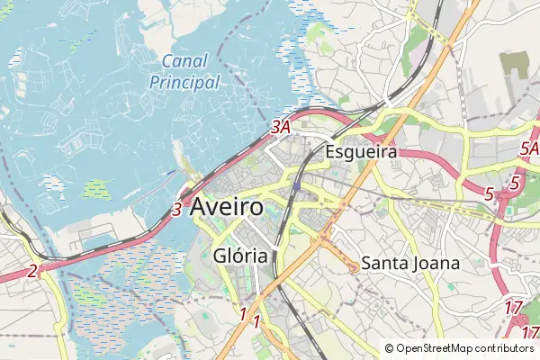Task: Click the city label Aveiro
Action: coord(227,207)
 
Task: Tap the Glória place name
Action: coord(241,256)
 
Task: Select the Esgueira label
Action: coord(362,152)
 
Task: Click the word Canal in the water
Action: coord(185,62)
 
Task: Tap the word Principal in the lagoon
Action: coord(184,82)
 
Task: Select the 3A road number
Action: coord(281,128)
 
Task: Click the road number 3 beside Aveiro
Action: coord(176,210)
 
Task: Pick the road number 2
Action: coord(32,270)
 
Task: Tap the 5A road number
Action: coord(529,148)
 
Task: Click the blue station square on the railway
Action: coord(296,187)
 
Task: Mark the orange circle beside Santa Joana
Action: coord(354,265)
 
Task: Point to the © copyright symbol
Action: coord(390,348)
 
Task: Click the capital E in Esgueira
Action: coord(330,152)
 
